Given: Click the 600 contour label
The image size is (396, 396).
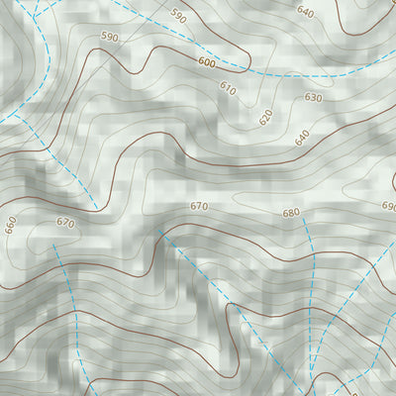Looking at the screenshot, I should [x=206, y=61].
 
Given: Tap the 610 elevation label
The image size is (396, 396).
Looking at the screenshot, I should [x=229, y=88].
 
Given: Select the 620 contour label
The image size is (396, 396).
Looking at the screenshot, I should [x=265, y=117].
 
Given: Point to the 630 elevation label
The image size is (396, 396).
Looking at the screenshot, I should [x=313, y=98].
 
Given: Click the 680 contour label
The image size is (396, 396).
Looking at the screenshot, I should [x=290, y=213].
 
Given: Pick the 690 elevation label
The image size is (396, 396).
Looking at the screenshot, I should [x=388, y=206].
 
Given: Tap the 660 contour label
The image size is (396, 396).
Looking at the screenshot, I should [x=11, y=226].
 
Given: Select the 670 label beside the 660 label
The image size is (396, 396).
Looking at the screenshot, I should [x=65, y=223].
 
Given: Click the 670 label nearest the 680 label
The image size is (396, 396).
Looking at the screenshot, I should [x=199, y=206].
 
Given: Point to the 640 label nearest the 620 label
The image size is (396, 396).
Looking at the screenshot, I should [x=302, y=138].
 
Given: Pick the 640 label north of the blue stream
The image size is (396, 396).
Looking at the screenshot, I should [x=305, y=13].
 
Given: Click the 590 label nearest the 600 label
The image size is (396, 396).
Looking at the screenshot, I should [x=109, y=38].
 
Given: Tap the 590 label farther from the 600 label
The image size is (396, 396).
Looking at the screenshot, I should [x=178, y=16].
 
